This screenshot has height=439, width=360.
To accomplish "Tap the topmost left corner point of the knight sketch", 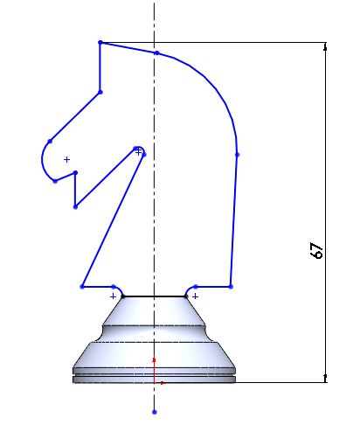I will point(100,42).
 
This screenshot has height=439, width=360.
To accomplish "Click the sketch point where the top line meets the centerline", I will point(156,53).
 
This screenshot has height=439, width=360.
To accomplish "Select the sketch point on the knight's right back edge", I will point(237,155).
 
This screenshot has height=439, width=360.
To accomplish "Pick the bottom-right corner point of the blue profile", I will point(231,286).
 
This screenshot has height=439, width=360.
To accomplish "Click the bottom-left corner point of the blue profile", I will point(82,286).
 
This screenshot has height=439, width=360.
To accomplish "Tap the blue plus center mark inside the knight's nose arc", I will point(66,159).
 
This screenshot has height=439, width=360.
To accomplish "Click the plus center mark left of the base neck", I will point(113,296).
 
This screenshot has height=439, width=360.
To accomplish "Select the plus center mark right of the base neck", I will point(195,296).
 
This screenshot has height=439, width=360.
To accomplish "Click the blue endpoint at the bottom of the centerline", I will point(155,411).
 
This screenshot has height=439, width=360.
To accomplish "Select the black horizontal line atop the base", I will point(154,296).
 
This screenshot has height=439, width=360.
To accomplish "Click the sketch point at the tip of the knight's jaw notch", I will point(137,150).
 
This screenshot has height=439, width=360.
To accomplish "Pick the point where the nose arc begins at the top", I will point(50,141).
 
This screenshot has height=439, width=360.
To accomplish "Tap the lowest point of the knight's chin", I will point(75,207).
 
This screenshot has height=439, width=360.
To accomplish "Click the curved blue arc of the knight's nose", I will point(42,162).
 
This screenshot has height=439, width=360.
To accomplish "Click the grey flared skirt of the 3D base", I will point(154,354).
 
